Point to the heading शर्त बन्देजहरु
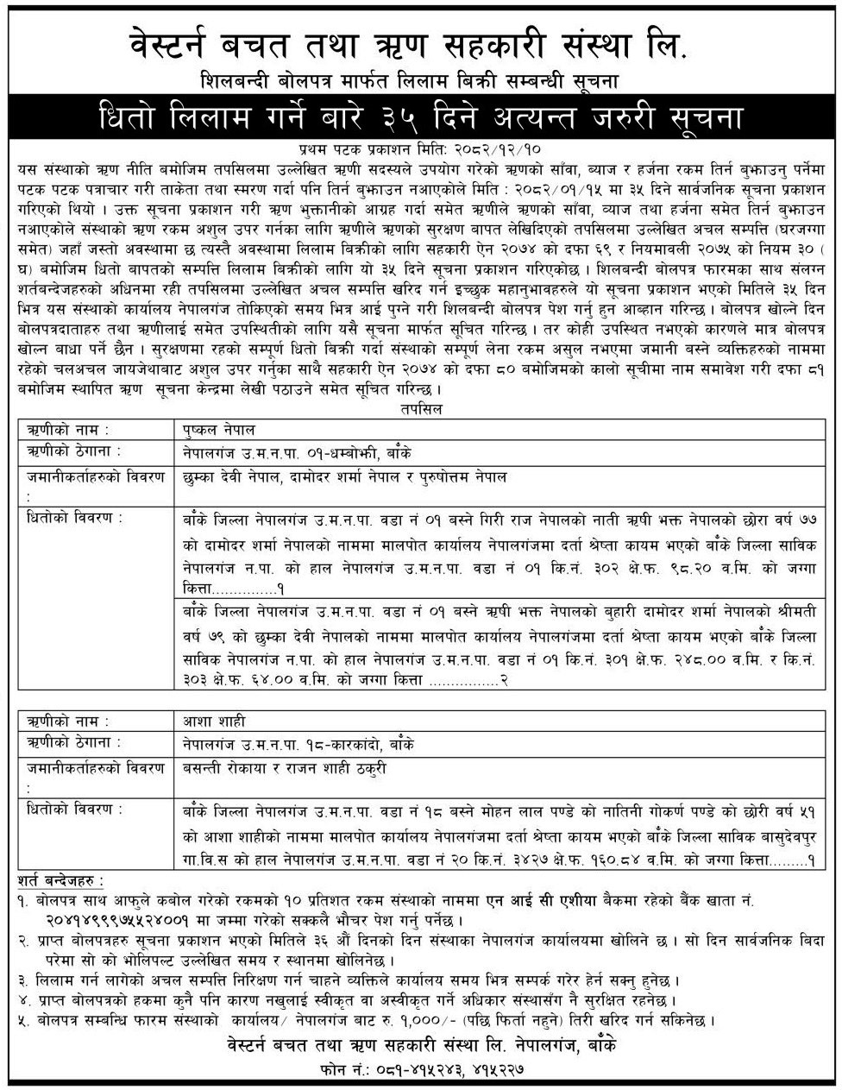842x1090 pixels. [59, 880]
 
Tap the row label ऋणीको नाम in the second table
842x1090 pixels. [57, 720]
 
